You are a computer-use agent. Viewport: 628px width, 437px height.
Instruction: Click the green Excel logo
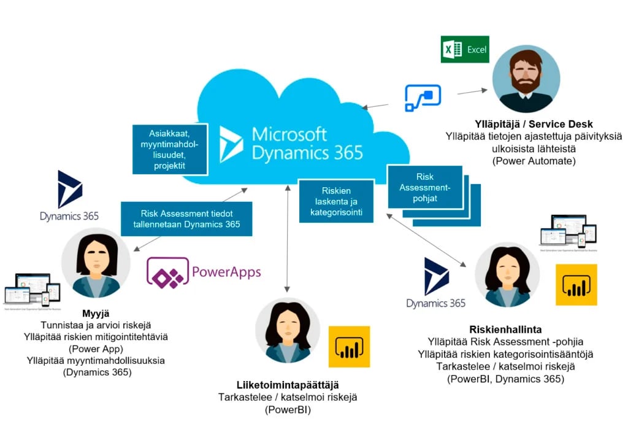pyautogui.click(x=464, y=50)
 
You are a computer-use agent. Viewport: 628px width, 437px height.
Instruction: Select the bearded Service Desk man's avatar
pyautogui.click(x=526, y=78)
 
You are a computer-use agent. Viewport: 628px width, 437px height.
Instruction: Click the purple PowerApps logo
pyautogui.click(x=204, y=273)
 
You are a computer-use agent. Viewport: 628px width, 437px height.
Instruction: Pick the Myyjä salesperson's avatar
pyautogui.click(x=97, y=263)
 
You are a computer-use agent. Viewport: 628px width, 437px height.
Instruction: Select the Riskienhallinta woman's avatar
pyautogui.click(x=507, y=274)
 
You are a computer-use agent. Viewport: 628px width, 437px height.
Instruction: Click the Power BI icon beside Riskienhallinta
pyautogui.click(x=576, y=285)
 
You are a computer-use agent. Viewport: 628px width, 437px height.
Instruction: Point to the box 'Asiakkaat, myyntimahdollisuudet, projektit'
pyautogui.click(x=170, y=149)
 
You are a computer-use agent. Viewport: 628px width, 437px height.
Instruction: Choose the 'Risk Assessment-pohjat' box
pyautogui.click(x=425, y=187)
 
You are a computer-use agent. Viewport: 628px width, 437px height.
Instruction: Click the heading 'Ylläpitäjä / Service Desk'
pyautogui.click(x=524, y=125)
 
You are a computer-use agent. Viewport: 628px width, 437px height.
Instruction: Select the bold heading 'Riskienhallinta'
pyautogui.click(x=505, y=330)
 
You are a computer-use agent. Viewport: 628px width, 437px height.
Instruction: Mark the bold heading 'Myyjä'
pyautogui.click(x=95, y=313)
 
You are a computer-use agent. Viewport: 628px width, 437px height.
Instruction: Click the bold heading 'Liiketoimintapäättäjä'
pyautogui.click(x=288, y=385)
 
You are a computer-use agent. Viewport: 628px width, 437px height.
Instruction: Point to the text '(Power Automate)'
pyautogui.click(x=525, y=161)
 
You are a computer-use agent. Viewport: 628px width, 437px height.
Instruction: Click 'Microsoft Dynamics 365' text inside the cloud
pyautogui.click(x=307, y=143)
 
